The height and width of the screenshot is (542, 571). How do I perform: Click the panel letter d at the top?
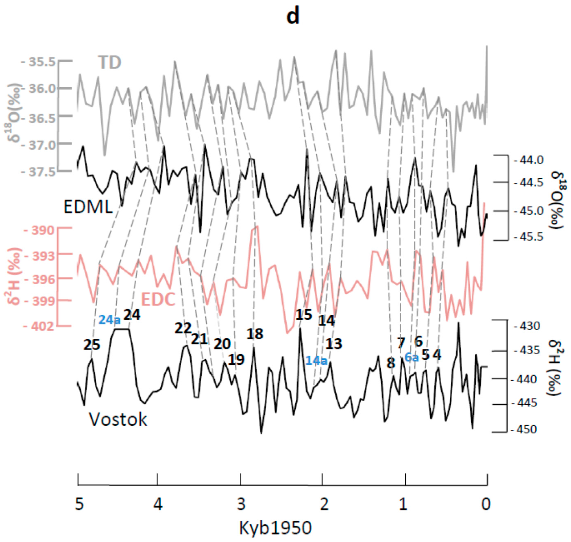[293, 17]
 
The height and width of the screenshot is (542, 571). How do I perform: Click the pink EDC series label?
[158, 299]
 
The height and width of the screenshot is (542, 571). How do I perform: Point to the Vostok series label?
[118, 419]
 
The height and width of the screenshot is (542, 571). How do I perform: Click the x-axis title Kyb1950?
[275, 528]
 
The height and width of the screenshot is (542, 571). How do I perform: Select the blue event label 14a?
[316, 361]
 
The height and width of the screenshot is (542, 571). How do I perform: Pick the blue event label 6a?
[411, 357]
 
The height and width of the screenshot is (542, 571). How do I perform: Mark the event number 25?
[92, 345]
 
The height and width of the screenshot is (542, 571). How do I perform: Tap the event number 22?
[183, 328]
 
